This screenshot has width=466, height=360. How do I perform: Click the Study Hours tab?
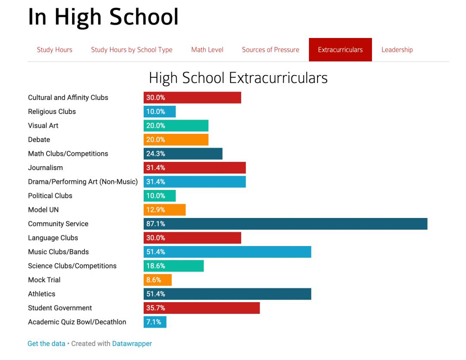pyautogui.click(x=54, y=50)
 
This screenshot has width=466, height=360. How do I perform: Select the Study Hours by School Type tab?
pyautogui.click(x=132, y=50)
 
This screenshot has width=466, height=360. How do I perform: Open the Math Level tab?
pyautogui.click(x=207, y=50)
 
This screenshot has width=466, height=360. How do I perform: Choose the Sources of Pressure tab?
pyautogui.click(x=271, y=50)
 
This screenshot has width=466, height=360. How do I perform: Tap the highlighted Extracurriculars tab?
pyautogui.click(x=340, y=50)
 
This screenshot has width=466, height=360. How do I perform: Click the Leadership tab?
pyautogui.click(x=397, y=50)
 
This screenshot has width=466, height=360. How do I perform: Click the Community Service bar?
pyautogui.click(x=285, y=224)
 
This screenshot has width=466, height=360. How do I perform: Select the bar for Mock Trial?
pyautogui.click(x=157, y=280)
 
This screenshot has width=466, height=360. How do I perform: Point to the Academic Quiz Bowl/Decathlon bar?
pyautogui.click(x=155, y=322)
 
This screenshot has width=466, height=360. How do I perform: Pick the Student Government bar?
pyautogui.click(x=202, y=308)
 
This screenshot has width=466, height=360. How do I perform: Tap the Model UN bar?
pyautogui.click(x=164, y=210)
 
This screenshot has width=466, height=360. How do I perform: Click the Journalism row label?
pyautogui.click(x=45, y=167)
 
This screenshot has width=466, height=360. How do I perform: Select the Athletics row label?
pyautogui.click(x=41, y=294)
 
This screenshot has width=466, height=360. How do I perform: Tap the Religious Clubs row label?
pyautogui.click(x=52, y=111)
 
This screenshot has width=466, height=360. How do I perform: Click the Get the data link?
pyautogui.click(x=46, y=344)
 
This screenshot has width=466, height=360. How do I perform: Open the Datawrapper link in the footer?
pyautogui.click(x=132, y=344)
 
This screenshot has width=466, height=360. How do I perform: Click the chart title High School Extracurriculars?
pyautogui.click(x=238, y=78)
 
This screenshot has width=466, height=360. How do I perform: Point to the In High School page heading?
pyautogui.click(x=103, y=18)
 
